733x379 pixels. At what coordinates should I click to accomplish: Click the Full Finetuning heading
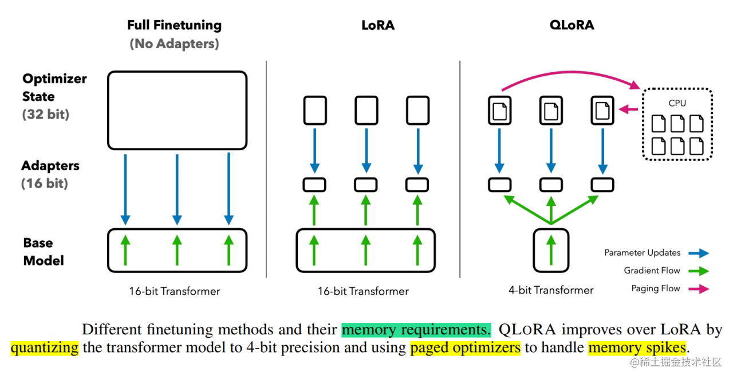pos(174,25)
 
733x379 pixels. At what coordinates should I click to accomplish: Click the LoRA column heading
pos(378,25)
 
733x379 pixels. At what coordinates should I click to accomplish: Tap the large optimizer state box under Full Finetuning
pos(177,110)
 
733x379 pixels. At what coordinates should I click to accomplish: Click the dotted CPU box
pos(677,123)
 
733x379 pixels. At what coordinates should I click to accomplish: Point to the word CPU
pos(677,103)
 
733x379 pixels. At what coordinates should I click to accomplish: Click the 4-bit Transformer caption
pos(551,290)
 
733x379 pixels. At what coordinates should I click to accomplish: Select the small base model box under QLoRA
pos(551,250)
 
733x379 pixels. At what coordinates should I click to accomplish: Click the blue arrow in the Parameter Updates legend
pos(700,253)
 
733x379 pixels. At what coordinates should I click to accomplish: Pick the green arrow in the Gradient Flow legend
pos(700,271)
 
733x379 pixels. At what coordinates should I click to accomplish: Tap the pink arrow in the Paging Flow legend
pos(700,289)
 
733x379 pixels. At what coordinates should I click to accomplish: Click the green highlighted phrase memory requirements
pos(416,330)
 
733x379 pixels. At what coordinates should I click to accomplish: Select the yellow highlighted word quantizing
pos(45,347)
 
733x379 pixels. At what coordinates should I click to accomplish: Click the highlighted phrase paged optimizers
pos(465,347)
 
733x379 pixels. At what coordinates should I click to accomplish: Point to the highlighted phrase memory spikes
pos(636,347)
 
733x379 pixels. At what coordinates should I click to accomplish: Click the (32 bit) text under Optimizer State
pos(46,114)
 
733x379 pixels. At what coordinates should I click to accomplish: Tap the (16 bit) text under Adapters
pos(45,183)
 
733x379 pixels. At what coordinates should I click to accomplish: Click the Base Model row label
pos(44,251)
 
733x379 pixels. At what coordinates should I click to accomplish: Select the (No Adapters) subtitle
pos(174,44)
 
